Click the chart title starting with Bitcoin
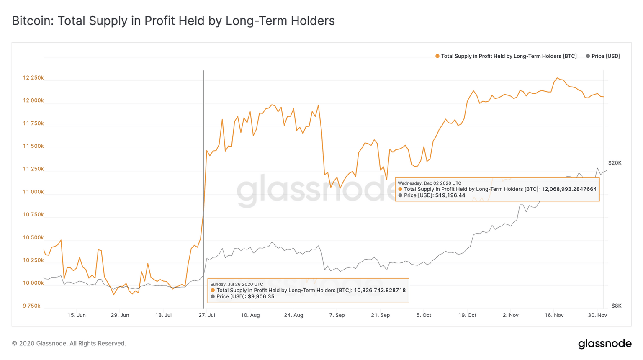coord(173,21)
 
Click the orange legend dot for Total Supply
coord(437,56)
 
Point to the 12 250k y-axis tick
coord(33,78)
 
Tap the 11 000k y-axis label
coord(33,192)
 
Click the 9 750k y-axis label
coord(31,306)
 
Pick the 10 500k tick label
coord(33,237)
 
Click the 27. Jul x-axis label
coord(206,315)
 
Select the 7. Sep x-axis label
coord(337,315)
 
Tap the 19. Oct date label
coord(467,315)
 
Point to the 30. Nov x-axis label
coord(597,315)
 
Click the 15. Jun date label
coord(76,315)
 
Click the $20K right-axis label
coord(615,163)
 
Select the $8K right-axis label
coord(616,306)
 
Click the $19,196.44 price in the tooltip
coord(450,195)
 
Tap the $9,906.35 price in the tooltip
coord(261,297)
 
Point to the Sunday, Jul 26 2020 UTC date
coord(237,285)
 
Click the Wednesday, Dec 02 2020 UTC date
coord(430,183)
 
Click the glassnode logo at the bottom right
coord(604,344)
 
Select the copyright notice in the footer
coord(69,344)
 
